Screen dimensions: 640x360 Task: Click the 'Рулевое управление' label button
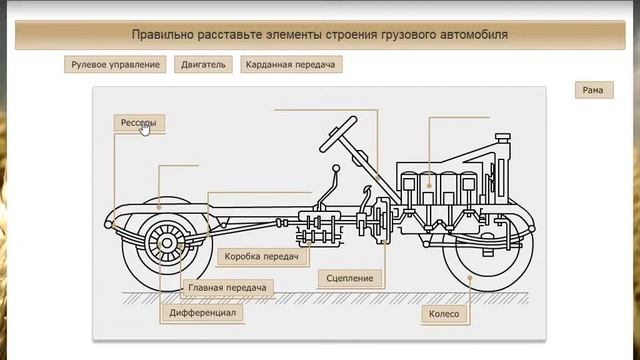point(115,64)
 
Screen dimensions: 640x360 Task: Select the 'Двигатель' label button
point(203,64)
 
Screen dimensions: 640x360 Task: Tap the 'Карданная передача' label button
point(291,64)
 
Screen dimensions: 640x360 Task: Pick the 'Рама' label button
point(594,90)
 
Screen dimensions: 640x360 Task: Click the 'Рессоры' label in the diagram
point(139,123)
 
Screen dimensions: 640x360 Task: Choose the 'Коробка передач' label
point(262,257)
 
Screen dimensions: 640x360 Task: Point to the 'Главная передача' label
point(227,288)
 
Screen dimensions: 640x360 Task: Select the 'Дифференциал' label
point(202,313)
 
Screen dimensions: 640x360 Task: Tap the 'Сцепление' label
point(350,278)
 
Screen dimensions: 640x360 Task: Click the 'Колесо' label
point(444,314)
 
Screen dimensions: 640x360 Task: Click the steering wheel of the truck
point(338,134)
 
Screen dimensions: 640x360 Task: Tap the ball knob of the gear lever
point(336,168)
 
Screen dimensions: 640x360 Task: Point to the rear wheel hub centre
point(167,243)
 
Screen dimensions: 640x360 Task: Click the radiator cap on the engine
point(503,137)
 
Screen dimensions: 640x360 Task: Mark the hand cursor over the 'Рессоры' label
point(145,129)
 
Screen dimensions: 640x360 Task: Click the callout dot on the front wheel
point(470,278)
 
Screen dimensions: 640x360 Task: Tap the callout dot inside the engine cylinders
point(429,186)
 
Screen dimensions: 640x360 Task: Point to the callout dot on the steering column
point(378,178)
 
